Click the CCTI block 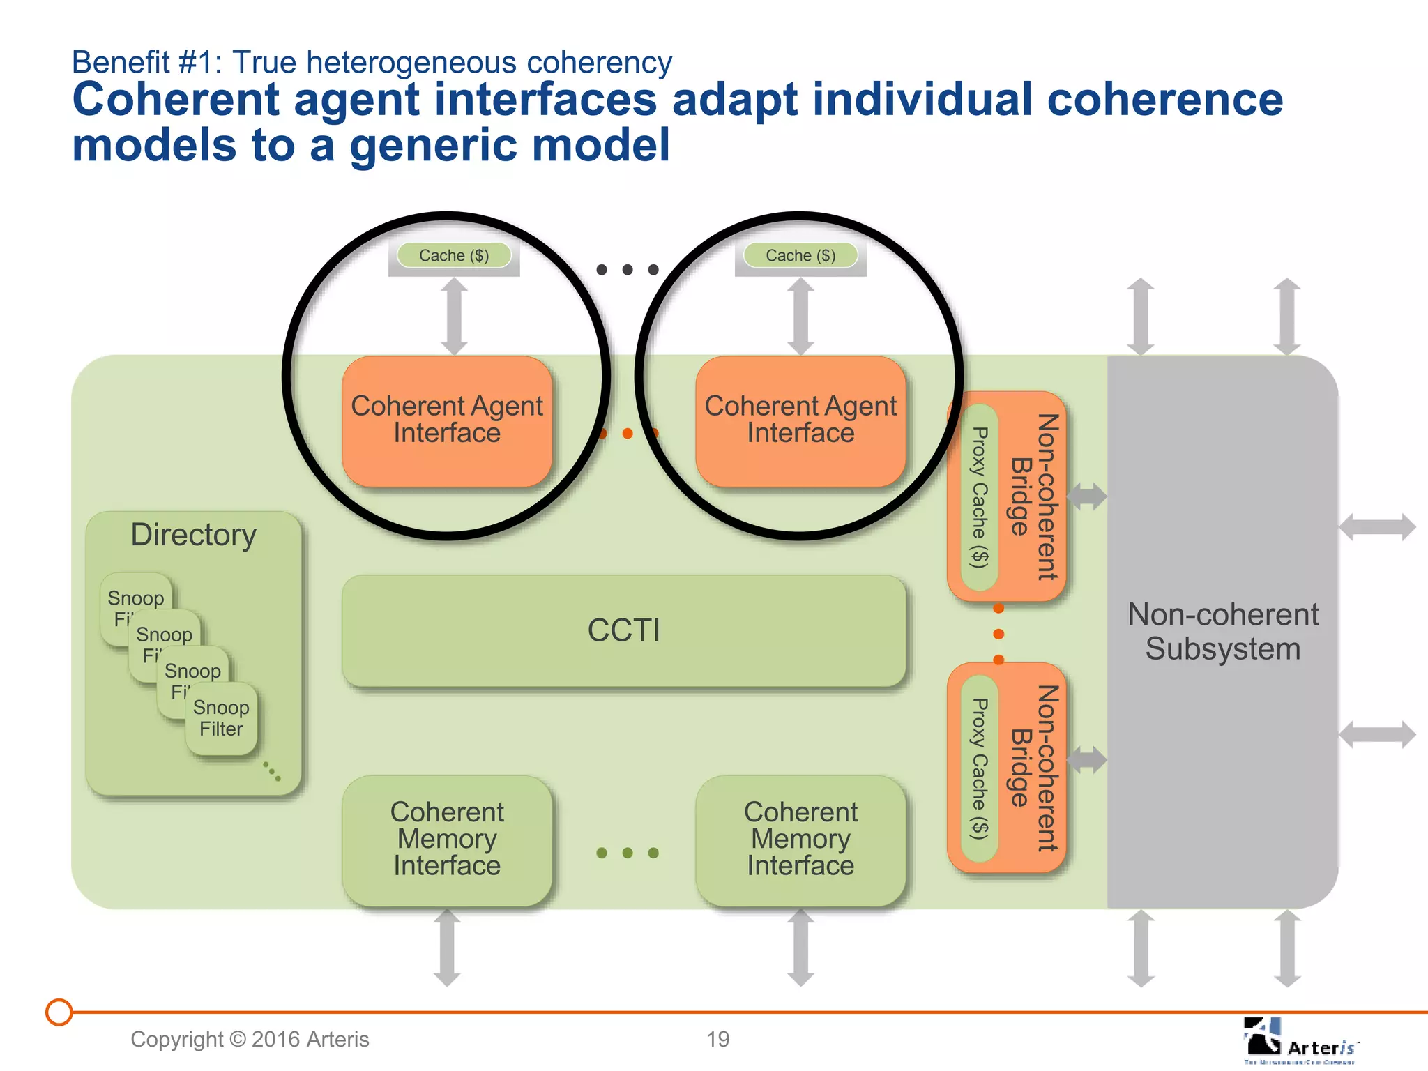click(x=623, y=630)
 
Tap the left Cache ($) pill click(x=454, y=255)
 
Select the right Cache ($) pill click(x=800, y=255)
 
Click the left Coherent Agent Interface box click(x=447, y=420)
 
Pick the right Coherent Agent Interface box click(x=800, y=420)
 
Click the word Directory click(x=194, y=535)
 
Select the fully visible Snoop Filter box click(x=222, y=719)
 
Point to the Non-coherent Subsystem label click(x=1223, y=632)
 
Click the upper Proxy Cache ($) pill click(x=980, y=497)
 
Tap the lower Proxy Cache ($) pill click(x=980, y=768)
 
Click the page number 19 click(x=717, y=1040)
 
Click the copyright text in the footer click(x=250, y=1040)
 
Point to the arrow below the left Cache click(x=454, y=316)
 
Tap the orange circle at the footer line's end click(x=59, y=1012)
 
